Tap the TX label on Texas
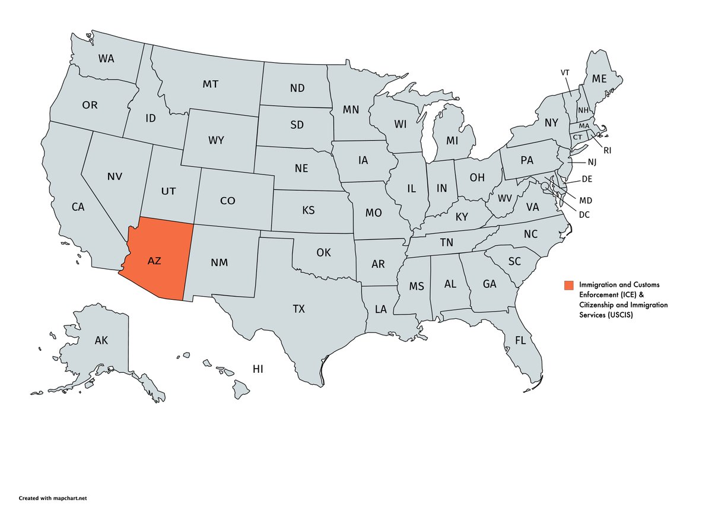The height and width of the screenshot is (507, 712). (x=298, y=309)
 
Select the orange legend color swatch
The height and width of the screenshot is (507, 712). (x=569, y=285)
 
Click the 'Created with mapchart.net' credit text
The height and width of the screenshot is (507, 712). (x=56, y=498)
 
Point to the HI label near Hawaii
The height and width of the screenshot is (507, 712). (x=258, y=369)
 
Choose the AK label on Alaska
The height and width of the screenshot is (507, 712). (x=101, y=341)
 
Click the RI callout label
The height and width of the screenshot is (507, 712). (x=607, y=151)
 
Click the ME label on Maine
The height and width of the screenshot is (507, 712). (x=600, y=79)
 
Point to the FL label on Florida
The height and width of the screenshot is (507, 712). (x=520, y=341)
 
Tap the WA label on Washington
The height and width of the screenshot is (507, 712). (x=106, y=59)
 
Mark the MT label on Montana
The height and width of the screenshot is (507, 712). (x=210, y=84)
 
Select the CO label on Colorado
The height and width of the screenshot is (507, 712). (x=228, y=201)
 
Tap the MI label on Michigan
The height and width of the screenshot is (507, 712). (x=453, y=140)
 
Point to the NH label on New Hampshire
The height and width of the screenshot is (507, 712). (x=583, y=110)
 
